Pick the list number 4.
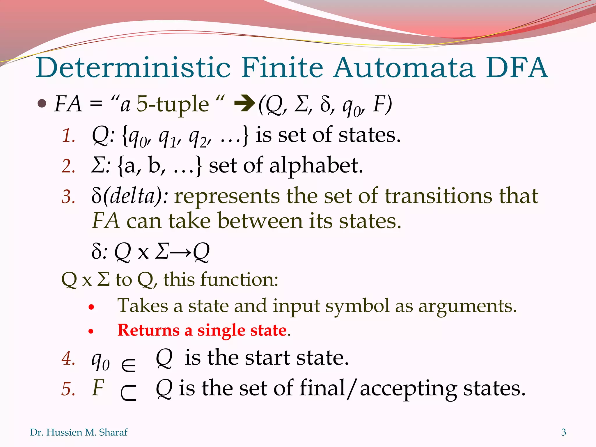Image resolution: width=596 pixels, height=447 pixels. (x=68, y=358)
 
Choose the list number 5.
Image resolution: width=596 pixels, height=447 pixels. (x=68, y=389)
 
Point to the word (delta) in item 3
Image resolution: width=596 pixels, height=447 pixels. (x=135, y=196)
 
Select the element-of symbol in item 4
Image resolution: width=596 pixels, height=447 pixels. (x=128, y=365)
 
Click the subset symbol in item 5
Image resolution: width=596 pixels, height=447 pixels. (x=128, y=393)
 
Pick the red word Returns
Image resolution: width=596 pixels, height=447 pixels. (x=148, y=331)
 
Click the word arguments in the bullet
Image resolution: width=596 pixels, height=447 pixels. (x=467, y=306)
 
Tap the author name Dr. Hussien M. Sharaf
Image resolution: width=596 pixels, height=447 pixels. (x=79, y=432)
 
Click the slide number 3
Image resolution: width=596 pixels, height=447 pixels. (x=563, y=432)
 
